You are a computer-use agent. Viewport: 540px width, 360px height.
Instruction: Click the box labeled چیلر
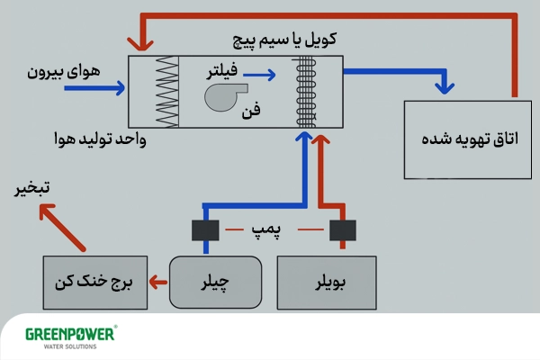point(217,282)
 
